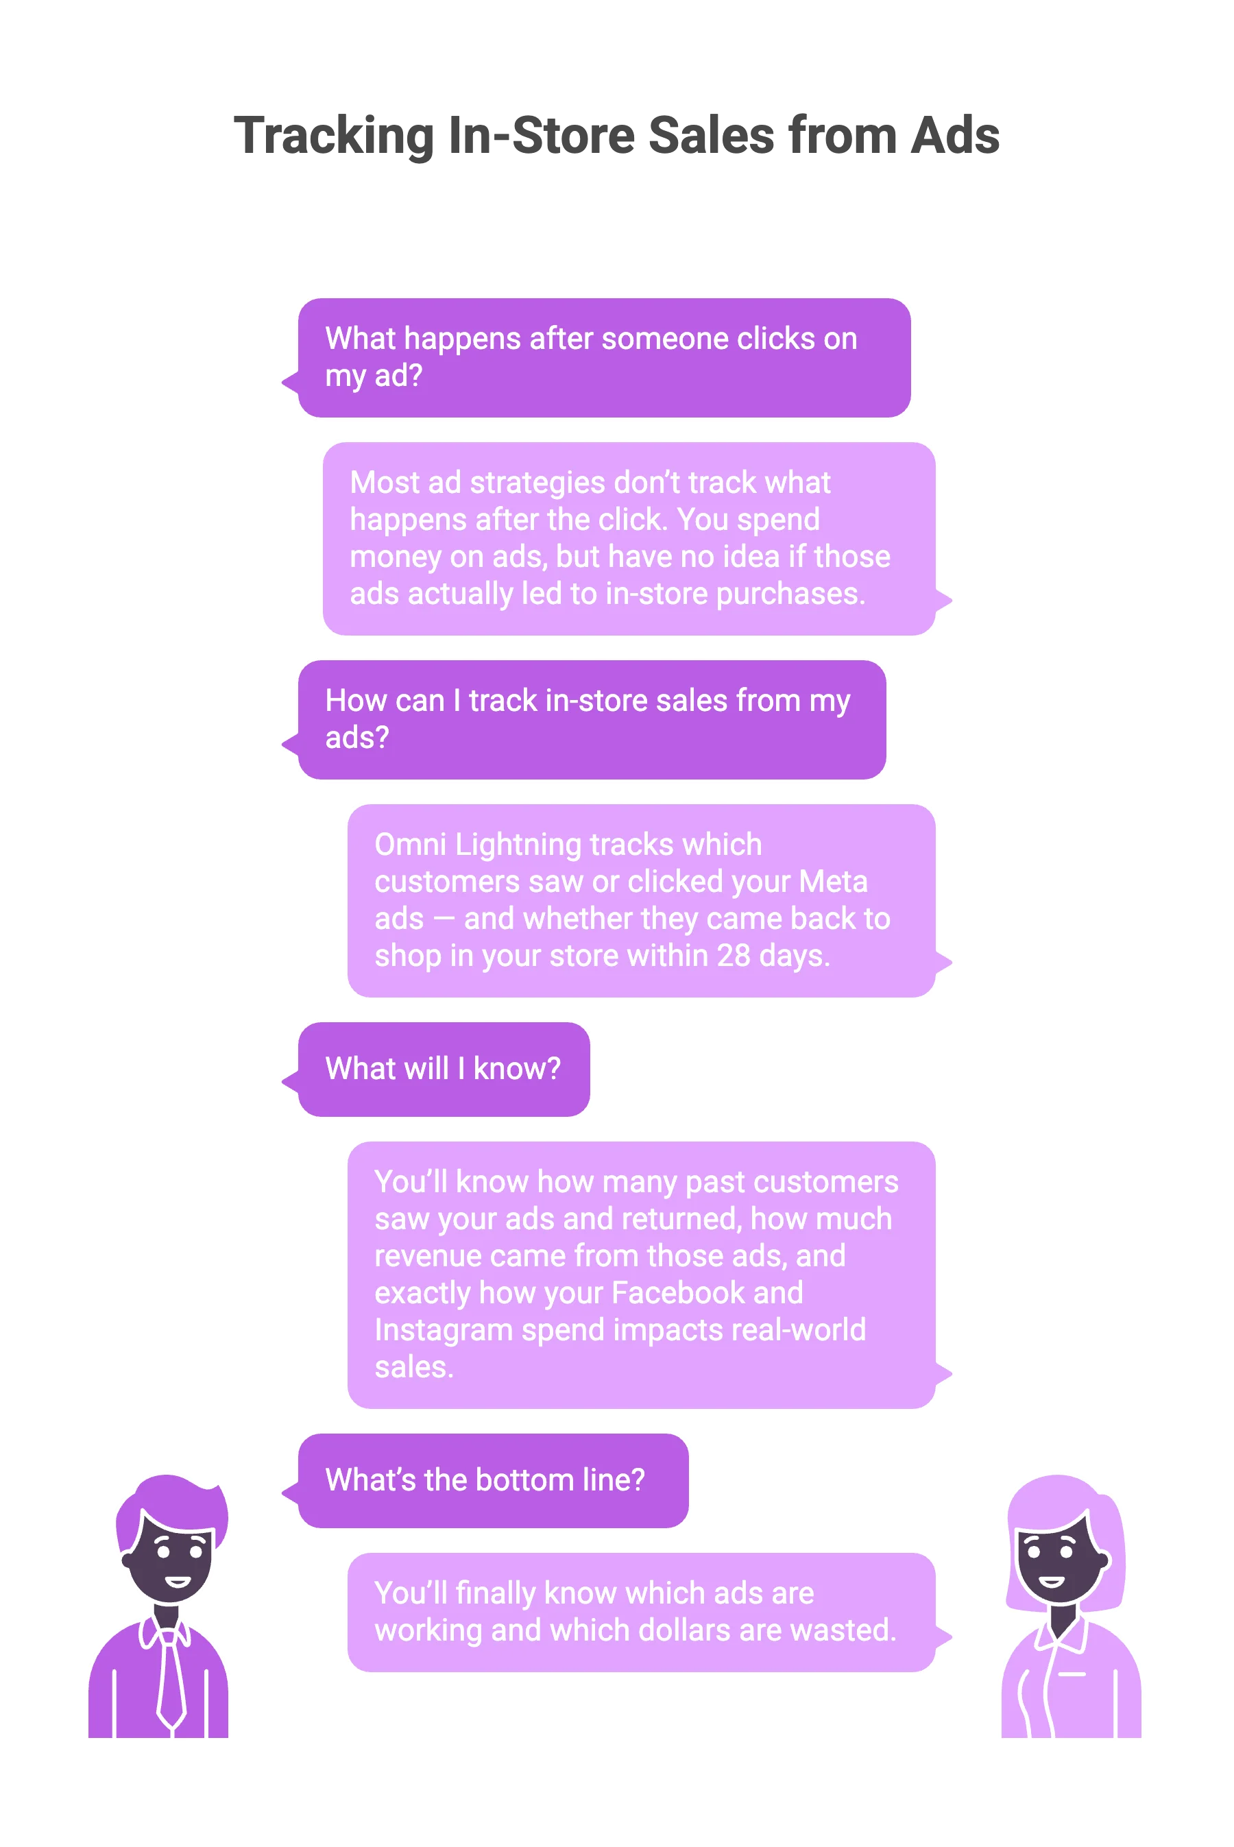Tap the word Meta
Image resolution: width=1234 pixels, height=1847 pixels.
[833, 882]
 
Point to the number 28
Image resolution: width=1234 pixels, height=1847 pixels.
[733, 955]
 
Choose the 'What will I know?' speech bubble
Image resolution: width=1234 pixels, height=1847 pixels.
[443, 1069]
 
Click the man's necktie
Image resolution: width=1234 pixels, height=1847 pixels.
[171, 1680]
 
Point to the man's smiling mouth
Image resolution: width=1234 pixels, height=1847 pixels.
[177, 1581]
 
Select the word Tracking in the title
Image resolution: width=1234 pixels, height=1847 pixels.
[331, 135]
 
